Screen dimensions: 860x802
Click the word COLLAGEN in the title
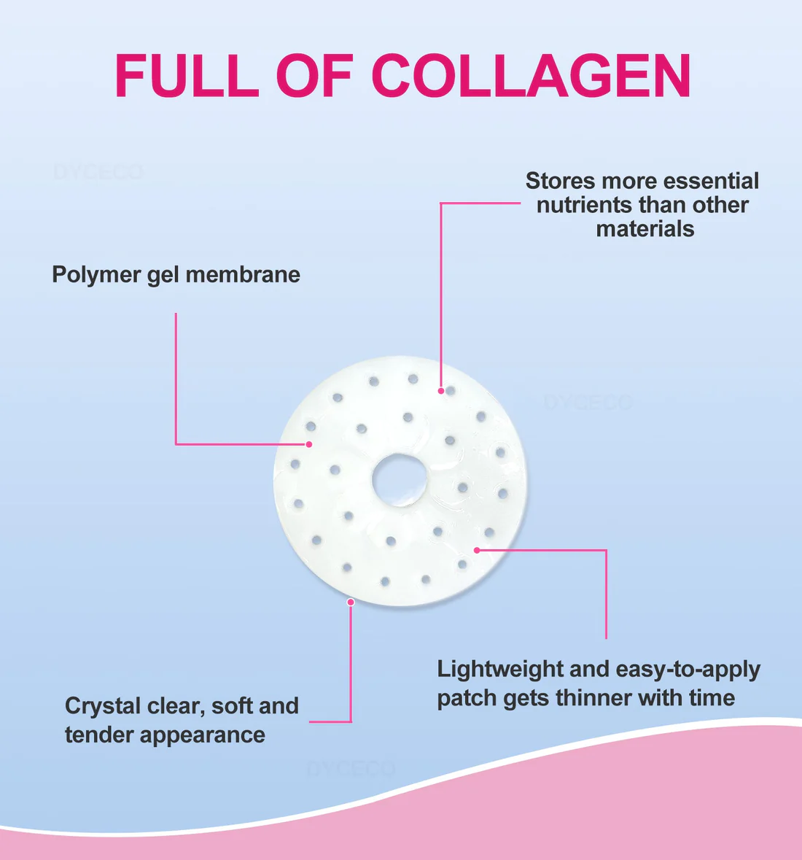[x=531, y=76]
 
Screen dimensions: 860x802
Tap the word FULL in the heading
[x=187, y=76]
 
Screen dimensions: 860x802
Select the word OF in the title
[x=315, y=76]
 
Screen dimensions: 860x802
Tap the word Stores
[x=559, y=181]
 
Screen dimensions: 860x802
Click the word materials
[x=645, y=229]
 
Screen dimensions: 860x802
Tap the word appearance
[x=203, y=735]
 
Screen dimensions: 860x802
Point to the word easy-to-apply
[x=688, y=670]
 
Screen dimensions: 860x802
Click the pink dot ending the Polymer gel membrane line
[x=309, y=443]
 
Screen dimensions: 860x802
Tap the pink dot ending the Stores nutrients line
[x=441, y=391]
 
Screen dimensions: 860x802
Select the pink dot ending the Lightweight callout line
[x=477, y=550]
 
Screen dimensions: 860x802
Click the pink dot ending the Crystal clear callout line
[x=351, y=602]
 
